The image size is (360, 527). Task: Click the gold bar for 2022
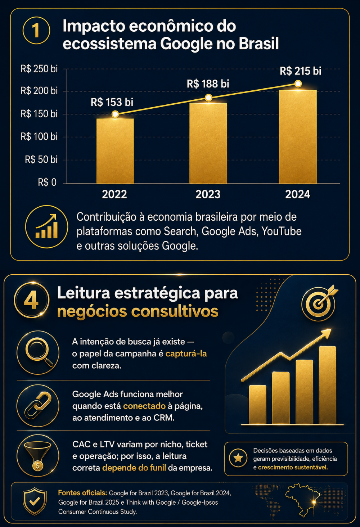click(115, 151)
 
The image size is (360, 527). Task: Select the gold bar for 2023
click(208, 143)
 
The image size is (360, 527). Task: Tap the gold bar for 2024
click(298, 137)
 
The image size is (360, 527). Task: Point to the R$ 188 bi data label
click(208, 84)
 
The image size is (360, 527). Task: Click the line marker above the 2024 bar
click(298, 84)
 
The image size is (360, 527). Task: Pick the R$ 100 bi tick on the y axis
click(39, 137)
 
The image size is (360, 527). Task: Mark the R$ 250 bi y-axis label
click(39, 69)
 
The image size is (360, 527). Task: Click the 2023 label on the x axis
click(208, 194)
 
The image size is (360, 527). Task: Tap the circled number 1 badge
click(36, 30)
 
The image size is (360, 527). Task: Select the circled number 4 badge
click(32, 300)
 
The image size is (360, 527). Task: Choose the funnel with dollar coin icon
click(38, 456)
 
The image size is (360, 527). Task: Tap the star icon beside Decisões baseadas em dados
click(238, 458)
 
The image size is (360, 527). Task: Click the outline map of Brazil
click(302, 500)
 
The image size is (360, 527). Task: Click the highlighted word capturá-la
click(186, 353)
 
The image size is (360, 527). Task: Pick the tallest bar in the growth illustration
click(328, 385)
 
